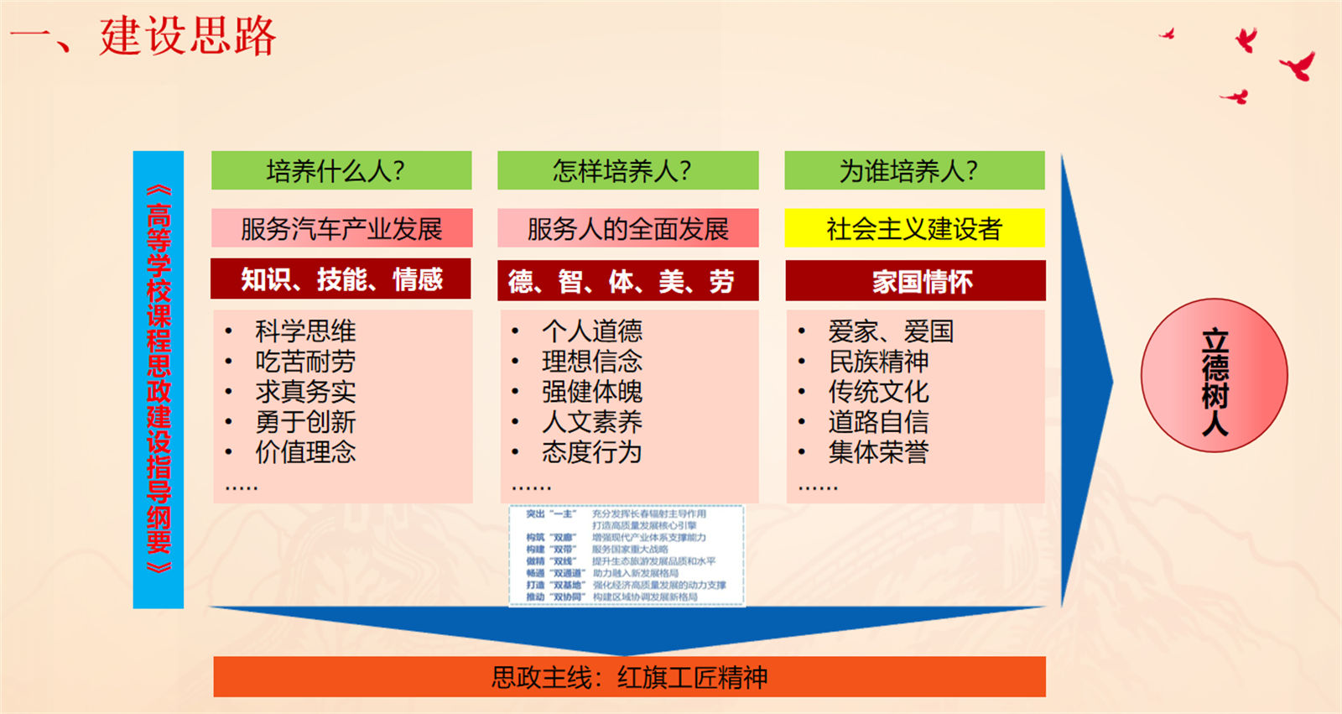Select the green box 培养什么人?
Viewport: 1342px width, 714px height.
pos(341,170)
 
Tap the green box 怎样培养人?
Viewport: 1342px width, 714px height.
pos(627,170)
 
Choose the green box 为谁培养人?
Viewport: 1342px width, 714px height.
pos(914,170)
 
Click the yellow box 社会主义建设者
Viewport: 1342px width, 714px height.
pos(914,228)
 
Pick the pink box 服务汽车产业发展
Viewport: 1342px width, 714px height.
pos(341,228)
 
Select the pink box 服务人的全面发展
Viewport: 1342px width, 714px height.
pos(627,228)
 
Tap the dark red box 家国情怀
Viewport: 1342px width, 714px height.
pos(915,281)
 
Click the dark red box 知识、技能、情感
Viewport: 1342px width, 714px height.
pos(341,279)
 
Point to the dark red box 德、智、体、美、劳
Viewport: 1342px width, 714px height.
pos(627,281)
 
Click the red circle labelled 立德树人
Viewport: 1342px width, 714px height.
pos(1214,375)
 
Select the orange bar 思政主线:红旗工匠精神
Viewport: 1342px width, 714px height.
pos(629,677)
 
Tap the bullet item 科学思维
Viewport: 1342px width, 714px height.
pos(305,331)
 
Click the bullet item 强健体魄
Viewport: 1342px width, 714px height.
pos(592,392)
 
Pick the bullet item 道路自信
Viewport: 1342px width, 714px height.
pos(878,422)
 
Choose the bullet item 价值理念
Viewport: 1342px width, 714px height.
pos(305,452)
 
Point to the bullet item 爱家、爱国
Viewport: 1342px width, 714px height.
pos(891,331)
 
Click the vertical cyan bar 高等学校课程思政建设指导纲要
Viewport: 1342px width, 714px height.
pos(158,379)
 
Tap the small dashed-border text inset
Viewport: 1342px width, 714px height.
pos(627,555)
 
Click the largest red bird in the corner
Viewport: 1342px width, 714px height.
pos(1298,65)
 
